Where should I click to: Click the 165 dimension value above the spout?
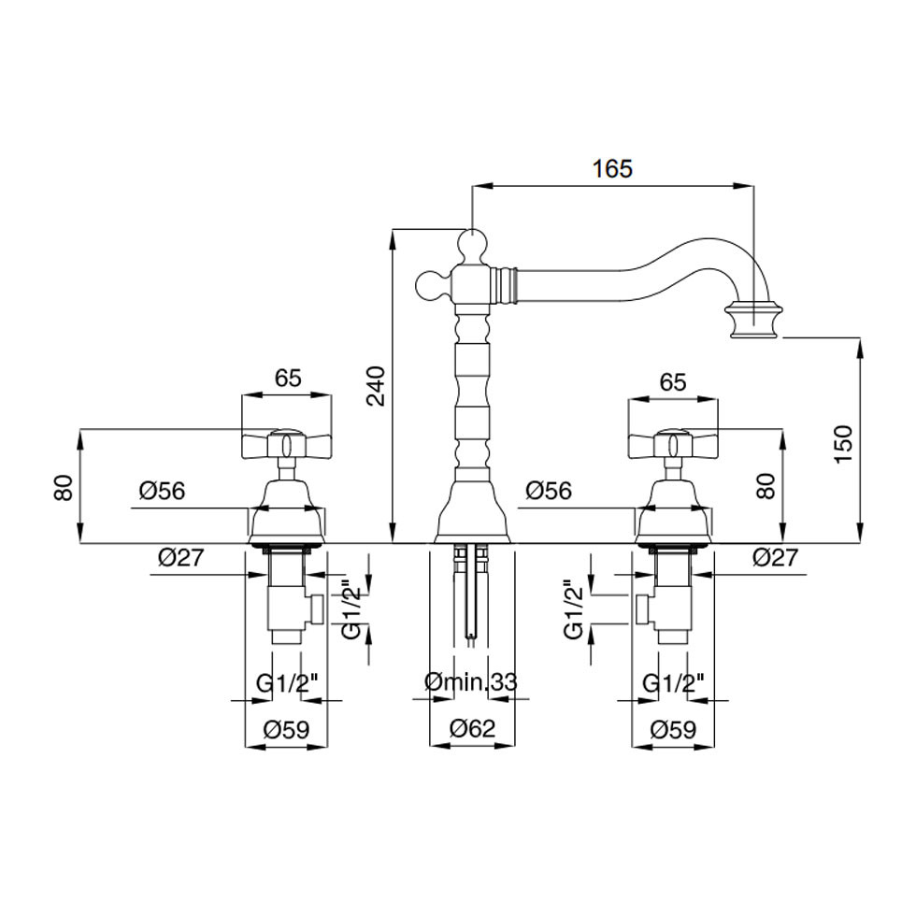pos(612,168)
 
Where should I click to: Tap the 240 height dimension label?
pos(375,386)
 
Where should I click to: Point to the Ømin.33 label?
pos(470,682)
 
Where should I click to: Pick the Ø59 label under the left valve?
pos(282,729)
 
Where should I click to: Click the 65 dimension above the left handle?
pos(288,378)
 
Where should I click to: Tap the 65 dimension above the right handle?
pos(673,381)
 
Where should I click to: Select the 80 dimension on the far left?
pos(64,487)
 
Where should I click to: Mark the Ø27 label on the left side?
pos(180,558)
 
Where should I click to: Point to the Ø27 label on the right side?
pos(775,558)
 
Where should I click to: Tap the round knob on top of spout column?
pos(473,246)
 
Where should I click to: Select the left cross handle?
pos(286,446)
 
